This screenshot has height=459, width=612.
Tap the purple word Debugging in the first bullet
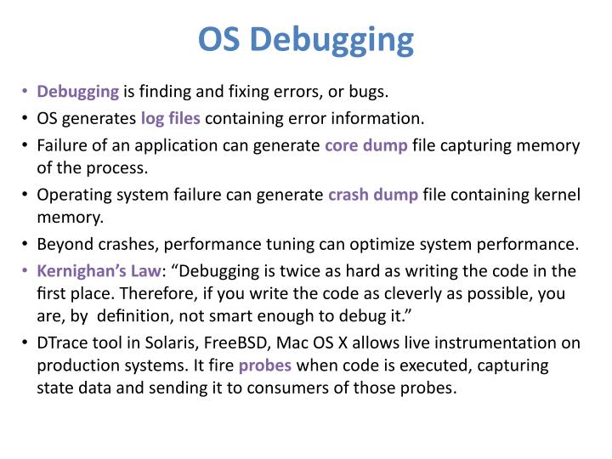[x=78, y=90]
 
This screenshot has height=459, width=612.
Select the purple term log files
[x=171, y=117]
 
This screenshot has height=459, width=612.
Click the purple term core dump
[x=366, y=144]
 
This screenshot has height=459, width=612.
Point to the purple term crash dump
[x=373, y=195]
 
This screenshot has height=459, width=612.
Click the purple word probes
[x=265, y=365]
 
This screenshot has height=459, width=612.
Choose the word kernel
[x=556, y=195]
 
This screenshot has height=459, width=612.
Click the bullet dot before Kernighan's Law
[x=25, y=271]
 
